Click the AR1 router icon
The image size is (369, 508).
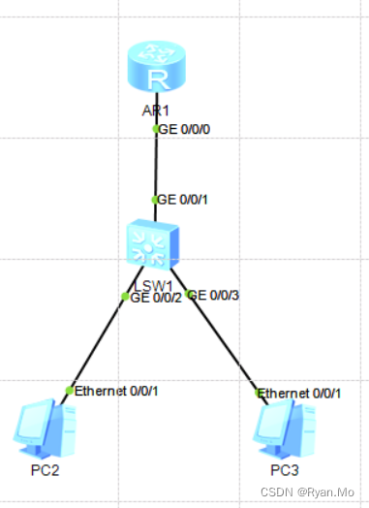tap(155, 68)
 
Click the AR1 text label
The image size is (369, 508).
tap(155, 110)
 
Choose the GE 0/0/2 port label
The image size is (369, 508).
tap(156, 298)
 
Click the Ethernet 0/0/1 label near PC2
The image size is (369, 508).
tap(116, 391)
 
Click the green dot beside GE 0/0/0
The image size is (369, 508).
tap(156, 129)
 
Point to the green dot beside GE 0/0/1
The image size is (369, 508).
tap(155, 200)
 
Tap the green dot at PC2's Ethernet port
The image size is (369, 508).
tap(69, 391)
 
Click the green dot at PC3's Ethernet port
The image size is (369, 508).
tap(259, 393)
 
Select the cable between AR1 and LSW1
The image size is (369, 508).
tap(155, 165)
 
